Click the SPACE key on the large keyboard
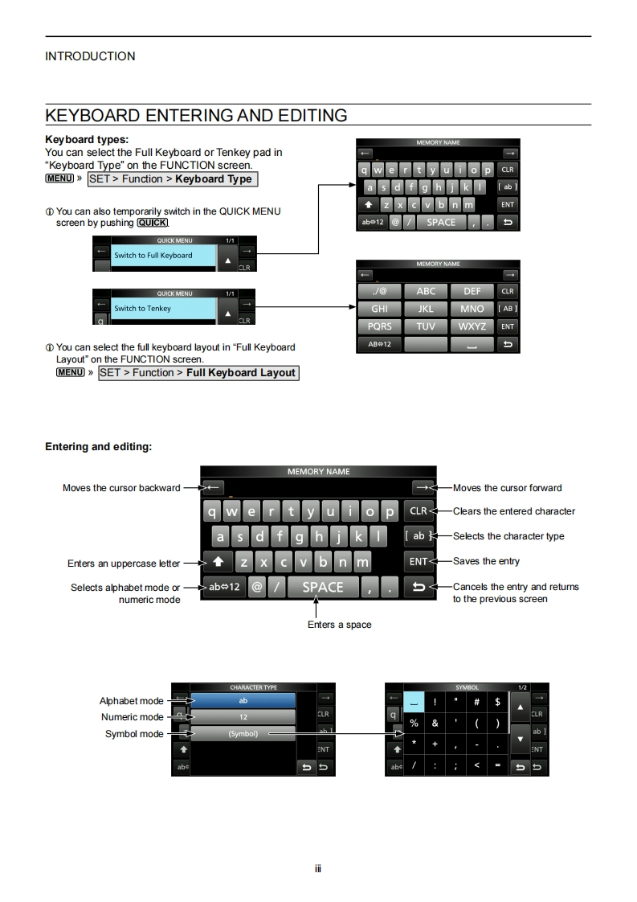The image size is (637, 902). tap(322, 587)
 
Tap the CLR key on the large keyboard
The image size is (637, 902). tap(419, 511)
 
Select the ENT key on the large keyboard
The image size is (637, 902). tap(419, 562)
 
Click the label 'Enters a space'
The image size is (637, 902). tap(339, 625)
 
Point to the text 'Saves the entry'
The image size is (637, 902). tap(486, 561)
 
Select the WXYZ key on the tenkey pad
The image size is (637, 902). tap(472, 326)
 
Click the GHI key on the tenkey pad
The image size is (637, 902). tap(379, 309)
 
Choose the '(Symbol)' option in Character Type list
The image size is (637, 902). tap(243, 734)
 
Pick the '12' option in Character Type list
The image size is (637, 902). tap(243, 716)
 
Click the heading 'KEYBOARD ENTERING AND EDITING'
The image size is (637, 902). tap(196, 115)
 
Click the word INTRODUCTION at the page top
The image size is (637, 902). tap(90, 56)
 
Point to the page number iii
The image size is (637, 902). tap(318, 868)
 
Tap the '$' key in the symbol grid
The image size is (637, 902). tap(497, 702)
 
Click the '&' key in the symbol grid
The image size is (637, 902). tap(435, 723)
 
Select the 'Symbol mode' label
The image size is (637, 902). tap(134, 734)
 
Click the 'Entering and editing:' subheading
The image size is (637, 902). tap(98, 446)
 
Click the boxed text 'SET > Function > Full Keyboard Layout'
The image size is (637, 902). tap(198, 373)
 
